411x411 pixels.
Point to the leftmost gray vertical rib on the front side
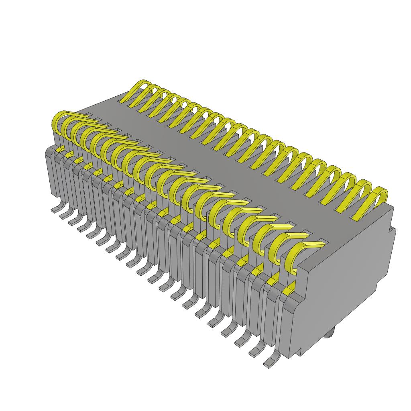50,169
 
